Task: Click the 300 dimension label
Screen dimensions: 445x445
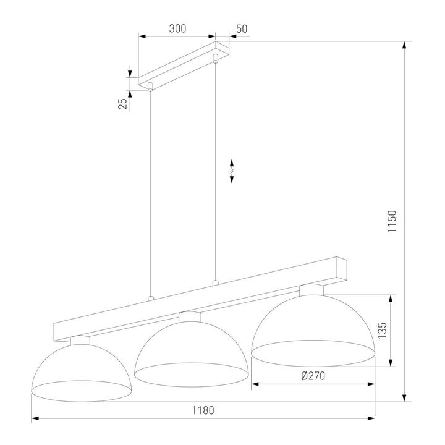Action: click(x=177, y=29)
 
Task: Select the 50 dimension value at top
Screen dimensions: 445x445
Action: click(x=241, y=29)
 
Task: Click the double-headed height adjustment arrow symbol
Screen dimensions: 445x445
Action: click(x=232, y=171)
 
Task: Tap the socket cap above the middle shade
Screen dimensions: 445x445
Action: click(x=190, y=316)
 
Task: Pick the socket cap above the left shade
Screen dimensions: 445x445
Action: click(x=80, y=339)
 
